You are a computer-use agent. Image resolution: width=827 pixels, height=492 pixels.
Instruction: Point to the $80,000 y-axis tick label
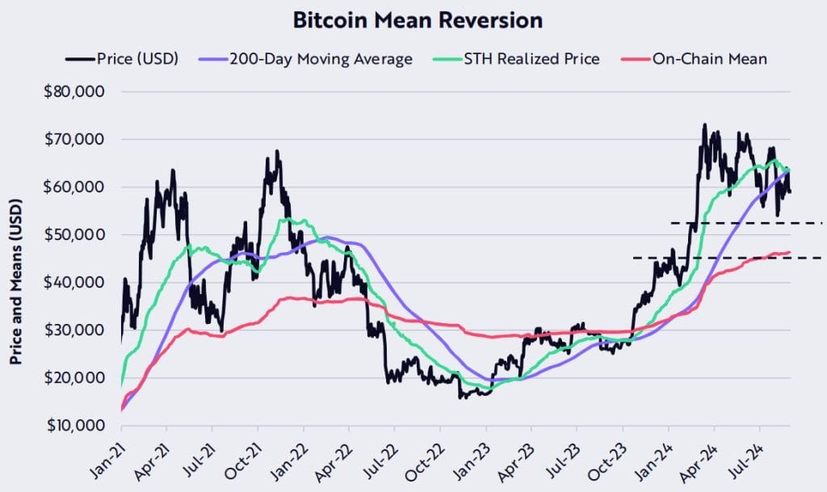tap(73, 91)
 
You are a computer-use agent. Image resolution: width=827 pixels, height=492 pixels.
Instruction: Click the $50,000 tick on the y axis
tap(73, 234)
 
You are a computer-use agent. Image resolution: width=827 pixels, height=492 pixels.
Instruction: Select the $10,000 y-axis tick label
tap(73, 425)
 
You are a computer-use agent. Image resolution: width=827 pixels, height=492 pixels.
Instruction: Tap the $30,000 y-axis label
tap(73, 330)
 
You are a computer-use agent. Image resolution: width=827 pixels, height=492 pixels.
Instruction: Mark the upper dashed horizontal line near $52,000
tap(747, 222)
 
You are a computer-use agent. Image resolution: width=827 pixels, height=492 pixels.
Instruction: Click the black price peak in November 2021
tap(277, 151)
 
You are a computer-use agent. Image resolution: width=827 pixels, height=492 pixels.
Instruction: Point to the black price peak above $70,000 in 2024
tap(704, 125)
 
